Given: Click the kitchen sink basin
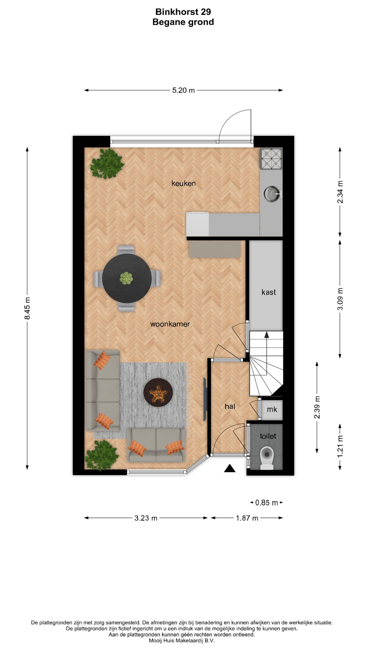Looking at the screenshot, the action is [271, 194].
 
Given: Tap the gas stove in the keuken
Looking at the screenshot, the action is [271, 159].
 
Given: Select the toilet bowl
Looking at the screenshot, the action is [267, 457].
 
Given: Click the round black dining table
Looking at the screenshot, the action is [127, 278].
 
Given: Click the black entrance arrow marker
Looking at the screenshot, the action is [230, 468].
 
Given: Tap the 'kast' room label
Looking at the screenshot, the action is [268, 292].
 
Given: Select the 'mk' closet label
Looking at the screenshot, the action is [272, 410].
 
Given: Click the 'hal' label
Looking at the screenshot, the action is [230, 406].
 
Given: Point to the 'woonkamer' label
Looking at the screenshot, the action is [170, 324].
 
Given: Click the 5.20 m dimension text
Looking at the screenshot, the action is [183, 90].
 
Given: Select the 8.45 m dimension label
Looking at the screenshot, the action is [28, 308].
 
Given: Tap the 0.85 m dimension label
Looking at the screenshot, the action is [267, 503].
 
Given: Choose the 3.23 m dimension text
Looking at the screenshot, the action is [146, 518].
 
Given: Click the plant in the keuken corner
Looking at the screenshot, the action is [107, 164].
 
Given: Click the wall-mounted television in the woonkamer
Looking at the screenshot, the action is [205, 399].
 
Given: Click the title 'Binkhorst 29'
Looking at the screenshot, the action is [183, 12].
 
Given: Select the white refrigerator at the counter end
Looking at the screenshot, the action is [197, 224].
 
